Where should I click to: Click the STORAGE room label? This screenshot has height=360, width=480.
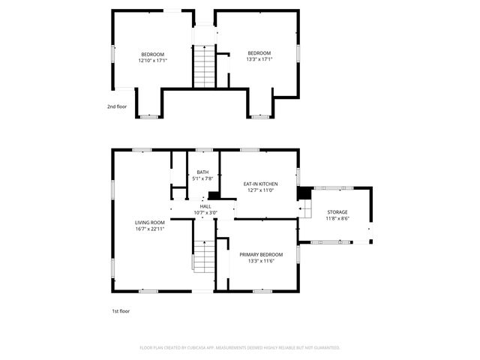[x=337, y=212]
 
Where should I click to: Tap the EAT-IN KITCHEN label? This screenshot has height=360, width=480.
[x=260, y=184]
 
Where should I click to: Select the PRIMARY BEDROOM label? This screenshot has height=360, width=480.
[x=261, y=254]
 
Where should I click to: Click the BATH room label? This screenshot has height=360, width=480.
[x=202, y=172]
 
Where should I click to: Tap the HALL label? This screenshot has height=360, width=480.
[x=205, y=206]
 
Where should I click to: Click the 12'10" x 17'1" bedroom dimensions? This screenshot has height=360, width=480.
[x=152, y=60]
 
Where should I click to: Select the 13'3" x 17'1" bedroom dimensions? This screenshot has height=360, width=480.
[x=259, y=60]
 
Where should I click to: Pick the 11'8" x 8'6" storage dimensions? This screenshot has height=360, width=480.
[x=337, y=218]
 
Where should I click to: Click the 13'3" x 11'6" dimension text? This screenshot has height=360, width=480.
[x=261, y=260]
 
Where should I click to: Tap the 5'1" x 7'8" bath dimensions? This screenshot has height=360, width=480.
[x=202, y=178]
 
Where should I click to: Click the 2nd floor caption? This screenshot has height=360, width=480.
[x=117, y=106]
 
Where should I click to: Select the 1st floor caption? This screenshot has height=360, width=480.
[x=120, y=310]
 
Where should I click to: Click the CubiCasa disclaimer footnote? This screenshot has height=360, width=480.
[x=240, y=347]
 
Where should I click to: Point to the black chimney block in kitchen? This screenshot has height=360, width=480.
[x=304, y=193]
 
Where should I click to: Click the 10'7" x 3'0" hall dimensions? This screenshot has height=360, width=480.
[x=205, y=212]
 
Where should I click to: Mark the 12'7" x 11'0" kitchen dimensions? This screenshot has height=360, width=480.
[x=260, y=190]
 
